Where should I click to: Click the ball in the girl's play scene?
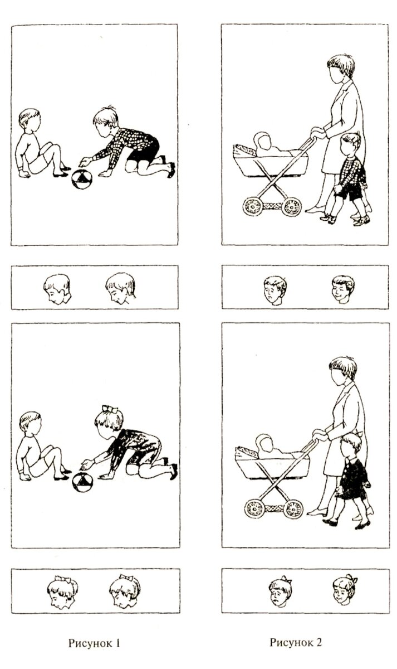(82, 482)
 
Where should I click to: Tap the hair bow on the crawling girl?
(110, 409)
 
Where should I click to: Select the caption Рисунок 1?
(94, 643)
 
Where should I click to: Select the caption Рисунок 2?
(296, 642)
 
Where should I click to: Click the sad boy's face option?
(275, 290)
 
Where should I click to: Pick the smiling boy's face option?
(343, 289)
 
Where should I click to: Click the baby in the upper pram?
(273, 145)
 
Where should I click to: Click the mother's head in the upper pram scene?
(341, 69)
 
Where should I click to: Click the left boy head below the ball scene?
(57, 289)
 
